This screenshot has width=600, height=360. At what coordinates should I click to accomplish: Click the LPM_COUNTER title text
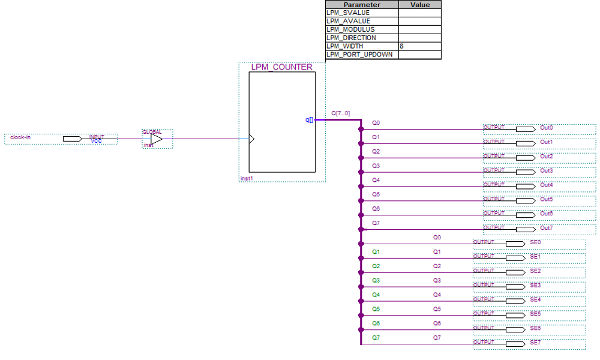click(x=281, y=67)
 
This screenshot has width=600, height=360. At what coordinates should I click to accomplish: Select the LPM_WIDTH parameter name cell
click(x=344, y=46)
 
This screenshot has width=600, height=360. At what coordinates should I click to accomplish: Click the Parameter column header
click(x=362, y=4)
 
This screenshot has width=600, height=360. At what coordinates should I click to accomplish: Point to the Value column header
click(x=419, y=4)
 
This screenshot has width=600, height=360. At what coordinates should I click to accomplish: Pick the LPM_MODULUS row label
click(x=350, y=29)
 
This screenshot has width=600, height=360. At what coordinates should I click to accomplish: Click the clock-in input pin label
click(x=20, y=138)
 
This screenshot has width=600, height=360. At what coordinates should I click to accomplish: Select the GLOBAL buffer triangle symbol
click(x=156, y=139)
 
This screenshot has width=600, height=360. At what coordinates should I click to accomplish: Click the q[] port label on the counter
click(x=309, y=119)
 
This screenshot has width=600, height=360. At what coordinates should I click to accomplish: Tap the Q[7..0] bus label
click(x=340, y=113)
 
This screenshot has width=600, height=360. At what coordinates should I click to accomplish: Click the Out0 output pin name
click(x=546, y=128)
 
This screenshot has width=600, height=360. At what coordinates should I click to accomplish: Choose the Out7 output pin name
click(x=546, y=228)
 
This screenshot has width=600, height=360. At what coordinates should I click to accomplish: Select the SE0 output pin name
click(x=535, y=242)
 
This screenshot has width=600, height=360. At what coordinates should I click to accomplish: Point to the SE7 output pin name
click(x=535, y=343)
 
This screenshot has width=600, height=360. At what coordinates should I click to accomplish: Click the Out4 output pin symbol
click(x=525, y=185)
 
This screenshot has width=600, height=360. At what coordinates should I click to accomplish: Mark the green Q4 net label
click(x=376, y=295)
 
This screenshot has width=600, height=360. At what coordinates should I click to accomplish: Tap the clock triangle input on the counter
click(x=252, y=139)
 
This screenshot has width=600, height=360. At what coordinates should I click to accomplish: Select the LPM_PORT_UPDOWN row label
click(x=359, y=55)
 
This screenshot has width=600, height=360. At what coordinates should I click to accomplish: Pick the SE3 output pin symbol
click(x=515, y=286)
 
